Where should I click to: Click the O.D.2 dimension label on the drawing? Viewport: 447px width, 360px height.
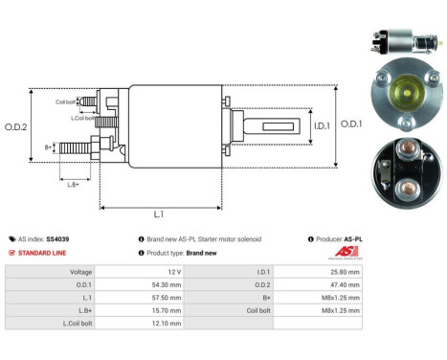click(x=16, y=126)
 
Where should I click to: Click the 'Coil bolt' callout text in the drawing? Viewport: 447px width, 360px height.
click(x=65, y=101)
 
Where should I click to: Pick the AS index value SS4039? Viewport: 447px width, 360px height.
click(x=57, y=238)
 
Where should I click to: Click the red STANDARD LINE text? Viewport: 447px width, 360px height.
click(x=42, y=253)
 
